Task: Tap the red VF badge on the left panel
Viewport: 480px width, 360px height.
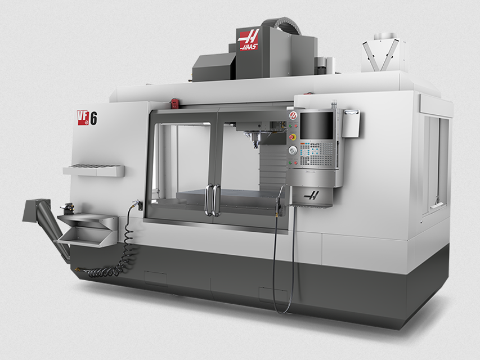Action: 83,117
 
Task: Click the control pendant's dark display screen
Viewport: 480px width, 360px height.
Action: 317,125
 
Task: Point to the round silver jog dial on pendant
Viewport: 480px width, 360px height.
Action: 293,150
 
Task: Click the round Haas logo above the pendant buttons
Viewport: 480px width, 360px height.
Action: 293,115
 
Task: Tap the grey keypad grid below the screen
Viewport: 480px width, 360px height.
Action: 318,152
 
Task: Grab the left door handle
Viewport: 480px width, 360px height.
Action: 208,200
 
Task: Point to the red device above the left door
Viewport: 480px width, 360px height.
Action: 174,103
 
